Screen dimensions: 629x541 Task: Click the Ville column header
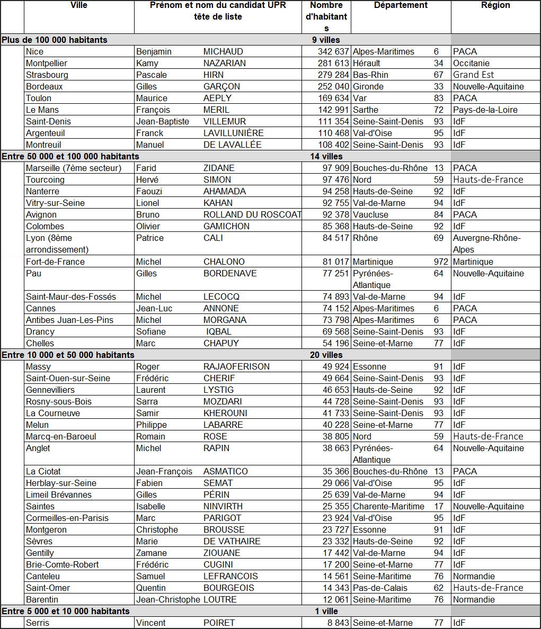(x=79, y=5)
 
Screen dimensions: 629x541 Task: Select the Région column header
(x=495, y=5)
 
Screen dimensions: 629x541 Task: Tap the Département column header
(x=401, y=5)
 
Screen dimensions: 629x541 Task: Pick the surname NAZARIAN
(x=225, y=63)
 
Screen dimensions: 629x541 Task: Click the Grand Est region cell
(x=473, y=75)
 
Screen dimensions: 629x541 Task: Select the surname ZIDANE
(x=219, y=168)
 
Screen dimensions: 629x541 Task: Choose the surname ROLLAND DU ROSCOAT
(x=252, y=214)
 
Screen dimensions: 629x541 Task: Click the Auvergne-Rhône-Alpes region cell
(x=486, y=244)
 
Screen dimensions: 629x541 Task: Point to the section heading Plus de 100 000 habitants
(x=55, y=40)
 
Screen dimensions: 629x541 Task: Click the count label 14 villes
(x=326, y=156)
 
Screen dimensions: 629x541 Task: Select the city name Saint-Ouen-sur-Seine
(x=68, y=378)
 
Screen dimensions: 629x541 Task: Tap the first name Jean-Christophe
(x=168, y=599)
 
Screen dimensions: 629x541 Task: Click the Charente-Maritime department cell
(x=388, y=506)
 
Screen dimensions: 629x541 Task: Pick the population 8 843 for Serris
(x=338, y=623)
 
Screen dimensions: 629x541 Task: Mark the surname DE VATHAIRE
(x=232, y=541)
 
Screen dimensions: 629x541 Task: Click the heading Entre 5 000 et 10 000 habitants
(x=66, y=611)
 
